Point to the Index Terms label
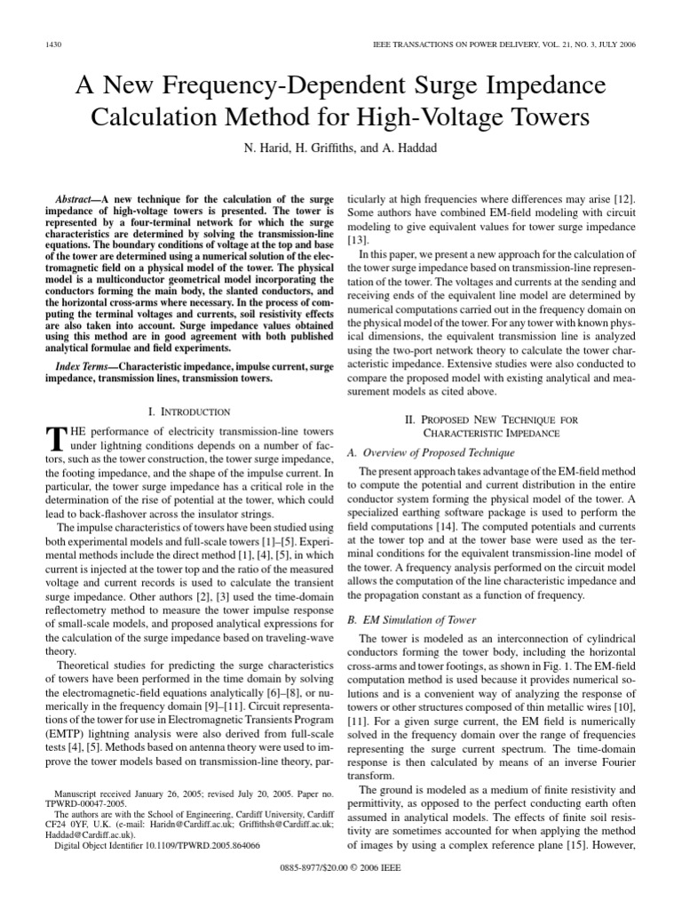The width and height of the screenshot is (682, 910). [x=85, y=365]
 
